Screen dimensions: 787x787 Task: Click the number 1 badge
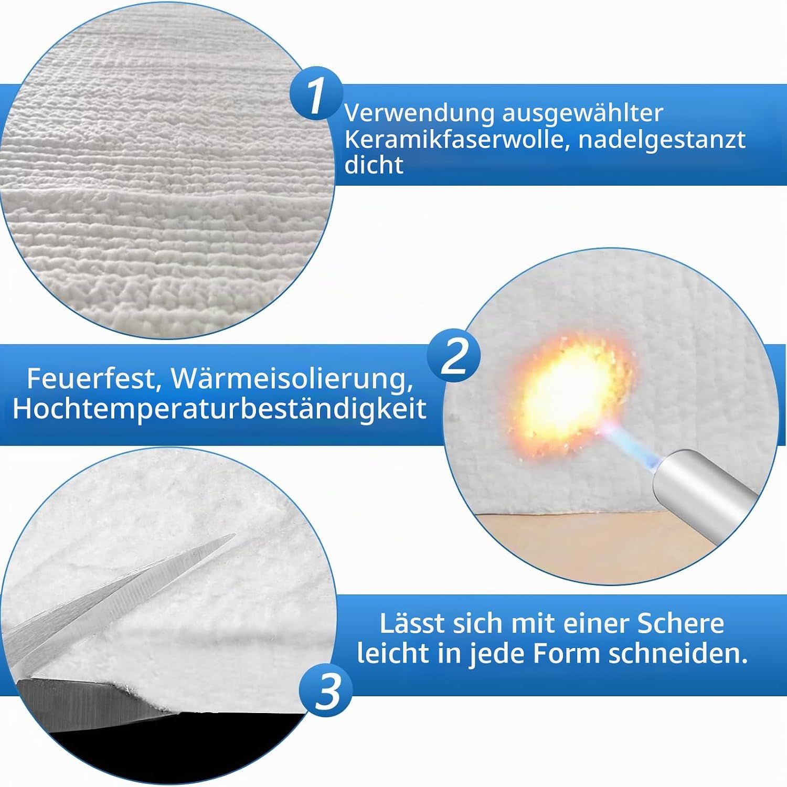316,94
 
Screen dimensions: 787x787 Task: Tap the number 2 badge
454,356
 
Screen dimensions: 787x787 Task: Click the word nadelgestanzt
662,140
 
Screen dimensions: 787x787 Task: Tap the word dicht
374,165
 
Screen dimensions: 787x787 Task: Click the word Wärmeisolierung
292,378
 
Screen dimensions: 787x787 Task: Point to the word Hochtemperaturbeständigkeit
219,409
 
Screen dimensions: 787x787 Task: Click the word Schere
680,623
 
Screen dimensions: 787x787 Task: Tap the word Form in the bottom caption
567,654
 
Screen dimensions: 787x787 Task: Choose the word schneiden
678,654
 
